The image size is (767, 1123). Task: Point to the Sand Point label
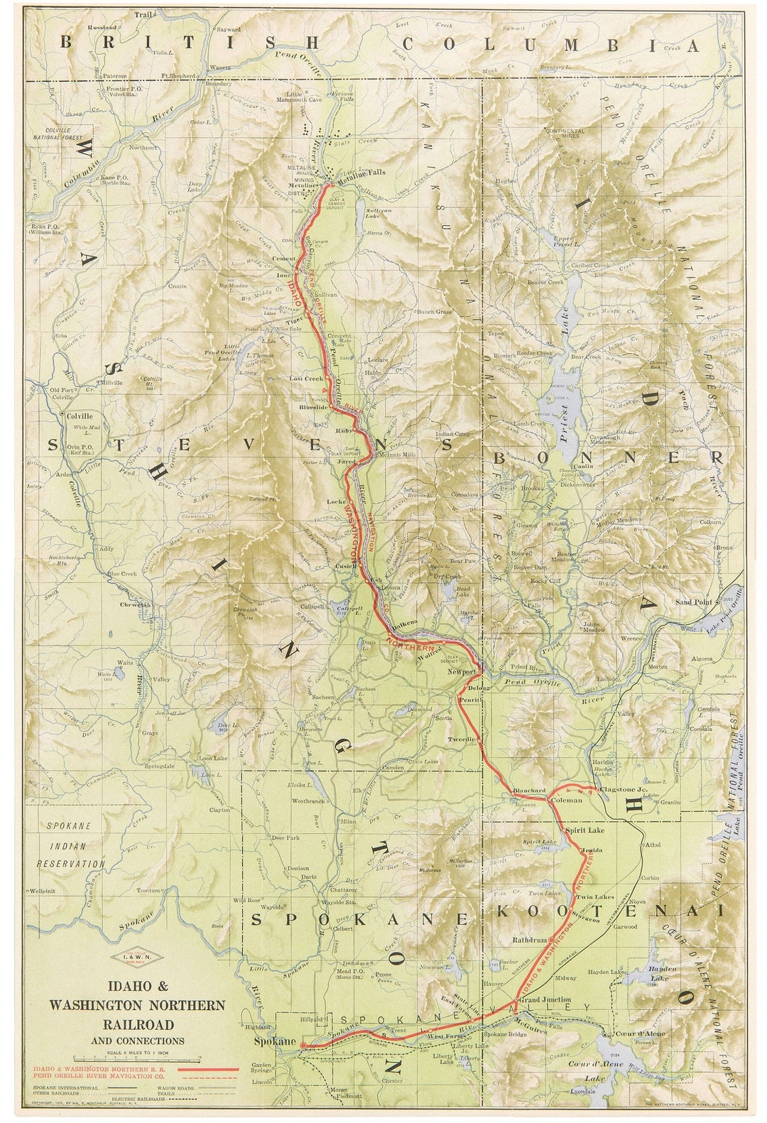tap(693, 602)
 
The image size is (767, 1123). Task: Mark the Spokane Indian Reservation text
tap(70, 845)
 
